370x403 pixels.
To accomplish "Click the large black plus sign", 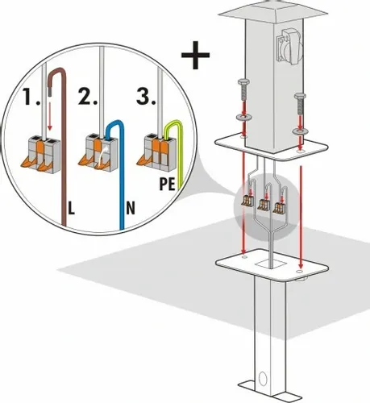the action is click(x=195, y=55).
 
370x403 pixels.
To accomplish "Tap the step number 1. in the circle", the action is click(x=31, y=97).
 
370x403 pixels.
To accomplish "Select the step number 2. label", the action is click(x=88, y=97).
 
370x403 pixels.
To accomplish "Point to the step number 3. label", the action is click(x=146, y=96).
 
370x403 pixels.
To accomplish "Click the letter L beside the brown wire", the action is click(x=71, y=208).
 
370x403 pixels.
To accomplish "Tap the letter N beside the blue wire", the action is click(x=131, y=208).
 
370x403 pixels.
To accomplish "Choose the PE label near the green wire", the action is click(x=167, y=184).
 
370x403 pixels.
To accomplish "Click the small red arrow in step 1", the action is click(x=49, y=115).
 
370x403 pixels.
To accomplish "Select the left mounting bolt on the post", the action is click(x=243, y=90).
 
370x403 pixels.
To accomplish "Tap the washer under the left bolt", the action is click(x=243, y=118).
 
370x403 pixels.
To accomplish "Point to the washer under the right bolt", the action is click(x=300, y=131).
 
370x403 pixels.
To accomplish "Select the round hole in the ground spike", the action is click(x=262, y=379).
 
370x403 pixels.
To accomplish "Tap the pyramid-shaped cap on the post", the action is click(x=273, y=11).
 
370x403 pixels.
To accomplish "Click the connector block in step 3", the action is click(x=156, y=151).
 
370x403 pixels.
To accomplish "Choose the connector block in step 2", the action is click(x=99, y=152).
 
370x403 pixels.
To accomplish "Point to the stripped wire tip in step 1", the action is click(x=49, y=93).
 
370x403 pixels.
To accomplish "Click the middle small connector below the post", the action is click(x=264, y=205).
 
